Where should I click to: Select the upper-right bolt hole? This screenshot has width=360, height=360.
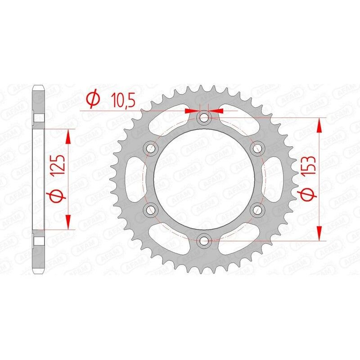pyautogui.click(x=258, y=148)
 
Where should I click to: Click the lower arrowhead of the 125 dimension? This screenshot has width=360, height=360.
pyautogui.click(x=68, y=222)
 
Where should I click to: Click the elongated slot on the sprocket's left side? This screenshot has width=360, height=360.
pyautogui.click(x=135, y=179)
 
